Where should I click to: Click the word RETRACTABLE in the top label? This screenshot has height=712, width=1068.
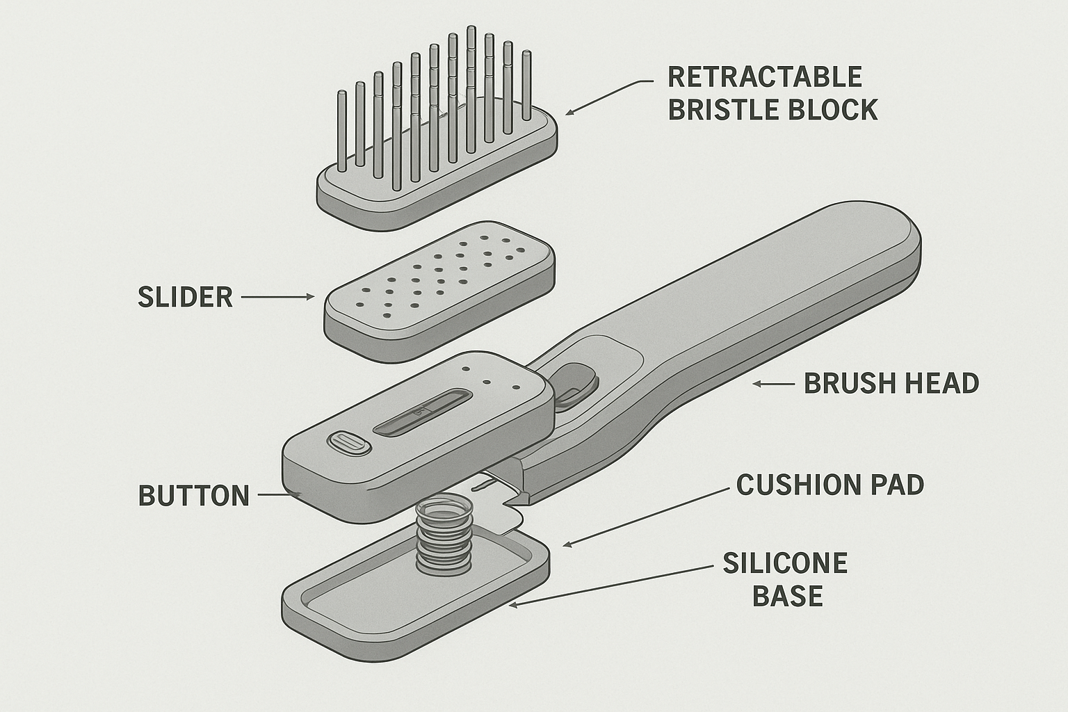pos(765,76)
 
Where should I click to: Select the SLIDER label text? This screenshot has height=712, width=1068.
pos(185,297)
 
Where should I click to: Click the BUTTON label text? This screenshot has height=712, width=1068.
pos(194,496)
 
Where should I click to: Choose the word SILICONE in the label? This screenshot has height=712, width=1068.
pos(785,563)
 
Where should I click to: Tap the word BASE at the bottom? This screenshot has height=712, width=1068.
pos(788,597)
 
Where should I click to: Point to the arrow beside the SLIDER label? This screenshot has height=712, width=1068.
pos(278,297)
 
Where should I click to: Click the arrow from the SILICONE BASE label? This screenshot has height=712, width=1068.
pos(612,585)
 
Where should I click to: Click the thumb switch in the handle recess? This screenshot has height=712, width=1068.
pos(576,384)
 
